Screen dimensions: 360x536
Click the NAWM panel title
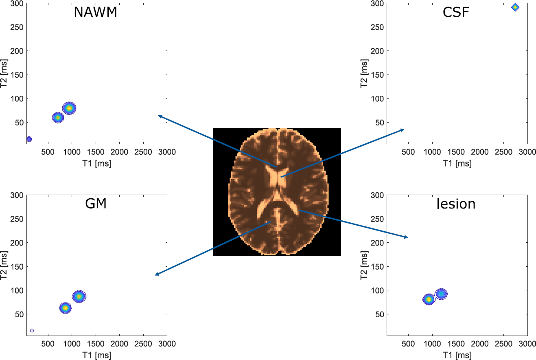(95, 12)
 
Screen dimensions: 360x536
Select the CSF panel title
(456, 12)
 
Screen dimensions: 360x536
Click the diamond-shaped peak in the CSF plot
(515, 7)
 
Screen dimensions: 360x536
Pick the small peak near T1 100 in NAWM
(29, 139)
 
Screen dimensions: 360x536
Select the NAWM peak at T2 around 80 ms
(69, 108)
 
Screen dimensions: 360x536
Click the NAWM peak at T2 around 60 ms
(58, 118)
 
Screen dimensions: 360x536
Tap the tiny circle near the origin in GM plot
(32, 330)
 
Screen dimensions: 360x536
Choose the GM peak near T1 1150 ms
(79, 296)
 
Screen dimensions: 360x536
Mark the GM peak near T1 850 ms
(65, 308)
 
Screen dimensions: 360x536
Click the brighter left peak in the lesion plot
(428, 299)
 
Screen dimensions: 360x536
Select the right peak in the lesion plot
(442, 293)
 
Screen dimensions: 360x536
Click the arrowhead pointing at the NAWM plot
(159, 116)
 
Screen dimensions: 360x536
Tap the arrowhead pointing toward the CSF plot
(403, 130)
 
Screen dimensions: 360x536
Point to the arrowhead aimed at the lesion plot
(407, 237)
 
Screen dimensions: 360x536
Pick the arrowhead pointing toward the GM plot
(156, 275)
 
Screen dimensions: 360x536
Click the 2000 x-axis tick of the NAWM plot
(119, 152)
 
